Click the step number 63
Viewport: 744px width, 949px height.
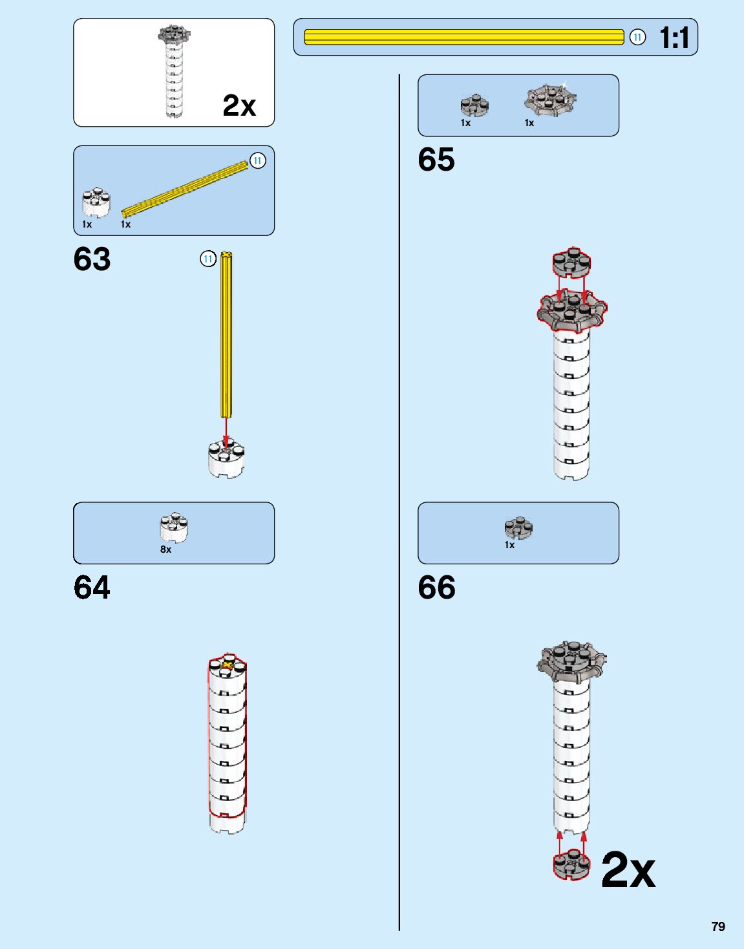[x=92, y=259]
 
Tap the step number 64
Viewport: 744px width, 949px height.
[x=92, y=588]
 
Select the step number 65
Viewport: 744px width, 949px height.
[x=436, y=160]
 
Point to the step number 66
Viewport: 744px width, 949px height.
[x=436, y=588]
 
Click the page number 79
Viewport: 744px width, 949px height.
[x=718, y=926]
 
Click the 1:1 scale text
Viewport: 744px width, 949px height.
[x=674, y=37]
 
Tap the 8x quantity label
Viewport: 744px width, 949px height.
[x=166, y=549]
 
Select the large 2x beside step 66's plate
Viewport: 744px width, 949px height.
[x=628, y=870]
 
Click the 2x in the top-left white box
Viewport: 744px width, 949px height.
[x=239, y=105]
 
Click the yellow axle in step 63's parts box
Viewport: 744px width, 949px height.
[x=184, y=189]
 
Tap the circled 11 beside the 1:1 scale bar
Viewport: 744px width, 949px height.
[x=637, y=37]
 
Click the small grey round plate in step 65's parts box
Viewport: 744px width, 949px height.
[x=474, y=105]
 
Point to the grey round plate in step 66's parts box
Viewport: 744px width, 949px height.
[x=518, y=528]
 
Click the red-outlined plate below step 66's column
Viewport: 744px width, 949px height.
[x=571, y=865]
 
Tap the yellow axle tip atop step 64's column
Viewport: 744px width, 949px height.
[x=228, y=665]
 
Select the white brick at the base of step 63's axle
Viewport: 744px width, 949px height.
[x=226, y=459]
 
